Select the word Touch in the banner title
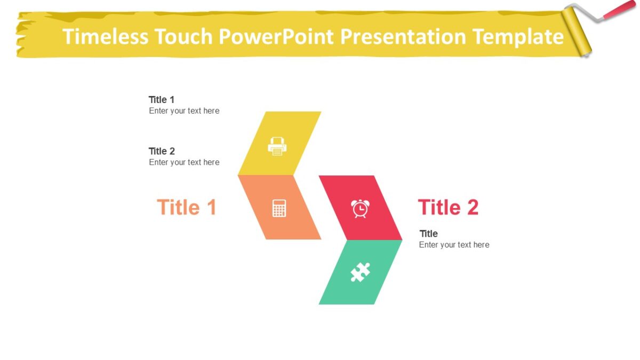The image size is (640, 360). pyautogui.click(x=183, y=37)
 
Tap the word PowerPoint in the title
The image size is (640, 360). pyautogui.click(x=275, y=37)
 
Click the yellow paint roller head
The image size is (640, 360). pyautogui.click(x=579, y=29)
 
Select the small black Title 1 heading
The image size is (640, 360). pyautogui.click(x=162, y=100)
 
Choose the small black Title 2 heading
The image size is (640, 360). pyautogui.click(x=162, y=151)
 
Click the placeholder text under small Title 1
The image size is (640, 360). pyautogui.click(x=184, y=111)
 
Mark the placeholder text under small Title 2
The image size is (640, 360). pyautogui.click(x=184, y=162)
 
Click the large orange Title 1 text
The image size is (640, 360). pyautogui.click(x=187, y=207)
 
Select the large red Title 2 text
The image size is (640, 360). pyautogui.click(x=448, y=207)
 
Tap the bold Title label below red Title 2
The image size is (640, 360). pyautogui.click(x=428, y=234)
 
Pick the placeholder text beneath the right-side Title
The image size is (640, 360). pyautogui.click(x=454, y=245)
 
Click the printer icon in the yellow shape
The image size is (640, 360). pyautogui.click(x=277, y=146)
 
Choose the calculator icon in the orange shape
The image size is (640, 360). pyautogui.click(x=279, y=208)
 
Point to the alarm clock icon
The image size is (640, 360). pyautogui.click(x=360, y=208)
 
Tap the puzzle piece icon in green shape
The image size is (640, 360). pyautogui.click(x=360, y=272)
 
